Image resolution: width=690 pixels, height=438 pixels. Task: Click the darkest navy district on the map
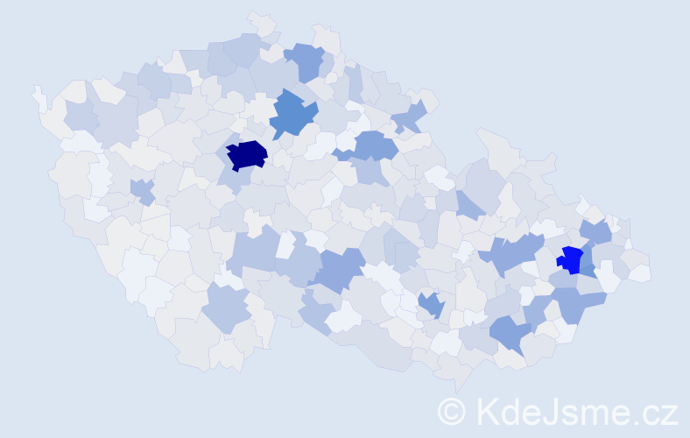pyautogui.click(x=247, y=154)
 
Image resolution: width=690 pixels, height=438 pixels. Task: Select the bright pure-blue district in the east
pyautogui.click(x=570, y=259)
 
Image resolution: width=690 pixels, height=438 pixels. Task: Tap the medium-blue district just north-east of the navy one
pyautogui.click(x=293, y=116)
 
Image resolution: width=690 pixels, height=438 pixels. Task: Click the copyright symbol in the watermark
pyautogui.click(x=452, y=412)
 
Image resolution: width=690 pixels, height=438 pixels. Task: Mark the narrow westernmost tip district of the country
pyautogui.click(x=39, y=97)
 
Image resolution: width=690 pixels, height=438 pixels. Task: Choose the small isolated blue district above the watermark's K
pyautogui.click(x=430, y=305)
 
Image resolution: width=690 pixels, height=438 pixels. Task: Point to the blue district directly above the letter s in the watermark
pyautogui.click(x=511, y=333)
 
